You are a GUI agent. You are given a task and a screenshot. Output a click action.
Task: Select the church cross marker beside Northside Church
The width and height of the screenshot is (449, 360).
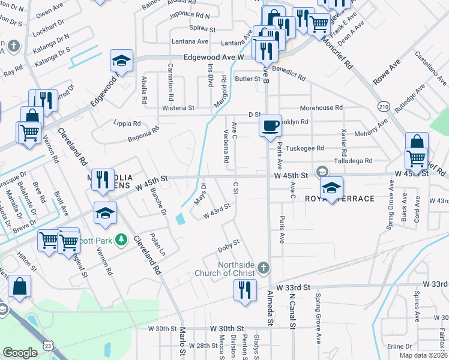click(262, 266)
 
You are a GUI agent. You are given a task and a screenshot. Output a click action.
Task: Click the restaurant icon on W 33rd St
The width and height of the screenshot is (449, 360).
click(245, 290)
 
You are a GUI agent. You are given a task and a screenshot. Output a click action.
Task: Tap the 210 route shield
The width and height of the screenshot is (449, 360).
click(400, 107)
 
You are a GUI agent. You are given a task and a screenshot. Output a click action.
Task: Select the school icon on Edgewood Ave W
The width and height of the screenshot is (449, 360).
click(121, 61)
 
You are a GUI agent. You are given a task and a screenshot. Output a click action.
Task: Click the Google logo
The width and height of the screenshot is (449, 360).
click(20, 353)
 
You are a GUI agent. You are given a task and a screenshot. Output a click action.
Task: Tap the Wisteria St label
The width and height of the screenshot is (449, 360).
click(178, 109)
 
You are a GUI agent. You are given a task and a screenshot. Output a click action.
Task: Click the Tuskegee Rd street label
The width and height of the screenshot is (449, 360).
click(305, 148)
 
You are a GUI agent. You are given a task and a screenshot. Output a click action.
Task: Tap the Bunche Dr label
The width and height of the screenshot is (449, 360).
click(158, 201)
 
